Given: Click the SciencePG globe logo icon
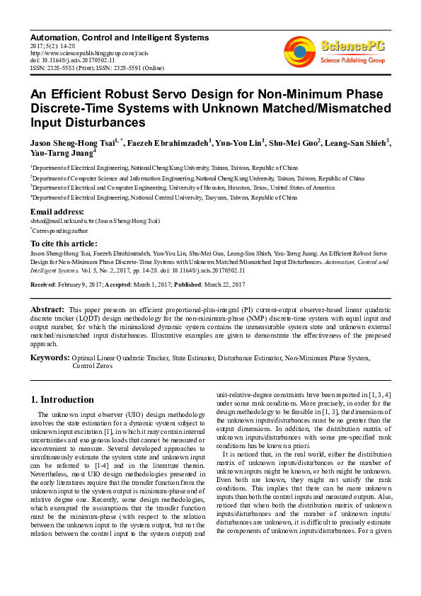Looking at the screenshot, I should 300,51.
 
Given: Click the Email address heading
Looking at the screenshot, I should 57,212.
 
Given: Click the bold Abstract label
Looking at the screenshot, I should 47,310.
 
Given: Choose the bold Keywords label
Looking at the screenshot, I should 50,358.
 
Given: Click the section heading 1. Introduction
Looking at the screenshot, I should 63,400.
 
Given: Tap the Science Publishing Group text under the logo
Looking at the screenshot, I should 352,61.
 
